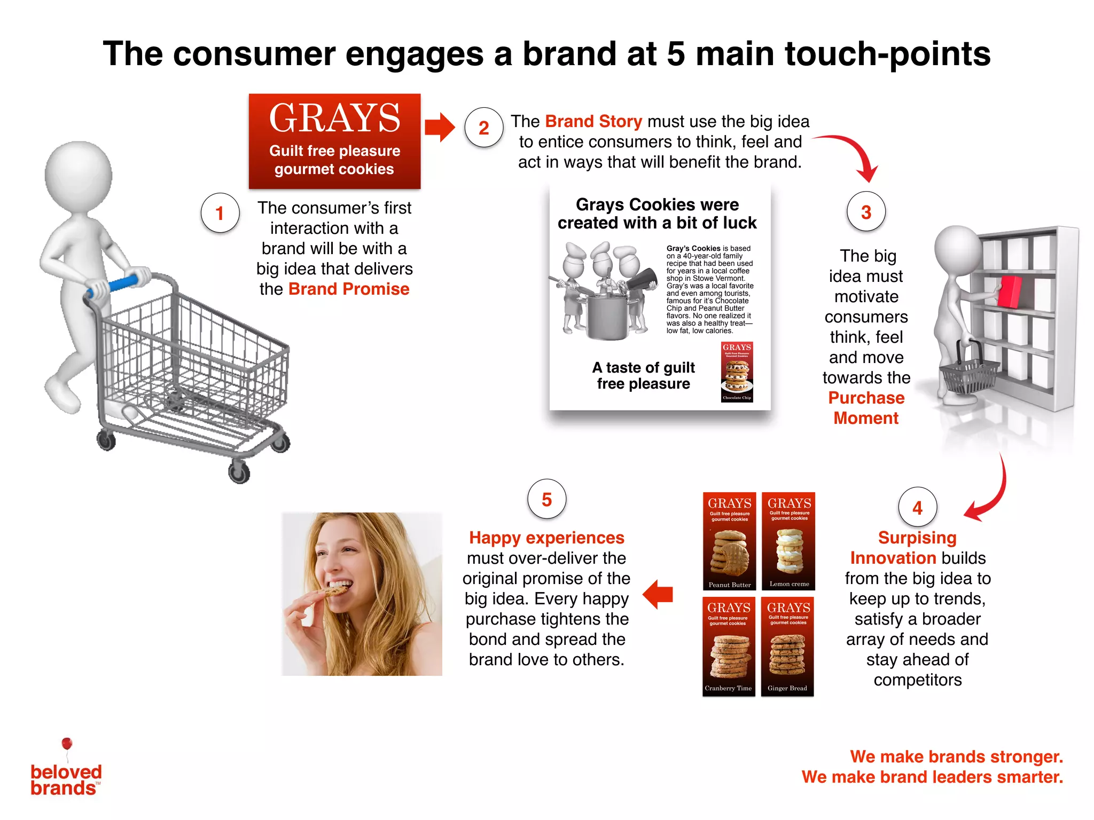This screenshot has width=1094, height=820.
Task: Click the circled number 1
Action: [220, 213]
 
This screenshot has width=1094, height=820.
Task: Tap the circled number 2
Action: [483, 128]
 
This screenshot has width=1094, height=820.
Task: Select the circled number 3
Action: [866, 212]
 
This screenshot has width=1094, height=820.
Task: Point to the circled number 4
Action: [917, 507]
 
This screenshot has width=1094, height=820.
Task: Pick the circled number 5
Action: [546, 500]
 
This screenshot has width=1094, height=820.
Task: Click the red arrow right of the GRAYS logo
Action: [439, 128]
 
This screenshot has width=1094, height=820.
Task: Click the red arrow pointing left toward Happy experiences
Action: [658, 594]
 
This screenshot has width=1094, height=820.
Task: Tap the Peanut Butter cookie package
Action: [729, 541]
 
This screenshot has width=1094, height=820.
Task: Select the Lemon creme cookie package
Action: [788, 541]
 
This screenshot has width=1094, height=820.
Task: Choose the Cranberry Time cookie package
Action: [729, 646]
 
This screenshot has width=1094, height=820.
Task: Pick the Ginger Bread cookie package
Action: [787, 646]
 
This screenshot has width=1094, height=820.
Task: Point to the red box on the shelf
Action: [1009, 291]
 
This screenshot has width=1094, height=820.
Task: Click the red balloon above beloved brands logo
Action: [67, 744]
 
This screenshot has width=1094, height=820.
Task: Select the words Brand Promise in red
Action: [349, 289]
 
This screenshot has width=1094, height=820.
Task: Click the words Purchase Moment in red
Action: [866, 408]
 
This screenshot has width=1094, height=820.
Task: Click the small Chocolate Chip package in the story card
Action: [737, 372]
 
